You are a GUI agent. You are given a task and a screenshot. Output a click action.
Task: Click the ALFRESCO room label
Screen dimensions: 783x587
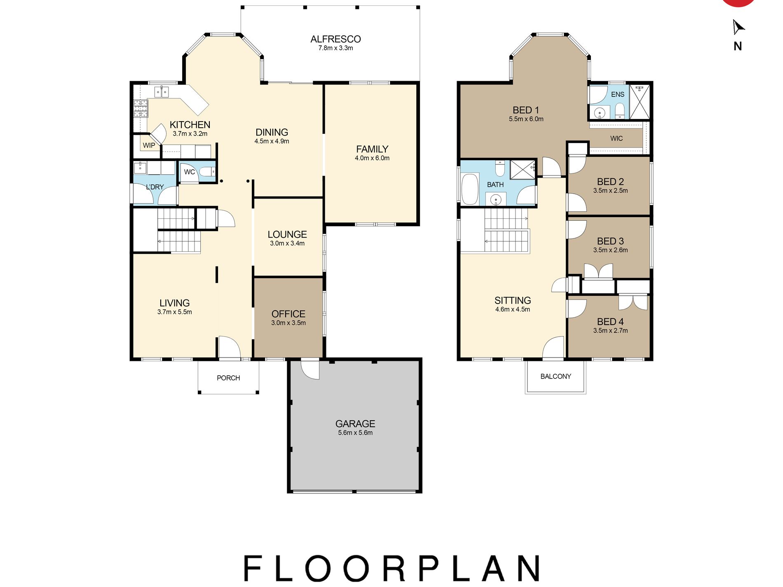(x=335, y=39)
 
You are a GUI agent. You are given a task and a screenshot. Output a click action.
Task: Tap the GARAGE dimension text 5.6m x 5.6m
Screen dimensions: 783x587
(x=355, y=433)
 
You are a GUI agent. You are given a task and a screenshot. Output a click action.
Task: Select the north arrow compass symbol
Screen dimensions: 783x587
(x=738, y=27)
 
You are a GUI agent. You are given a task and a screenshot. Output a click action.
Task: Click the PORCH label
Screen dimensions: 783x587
(x=228, y=378)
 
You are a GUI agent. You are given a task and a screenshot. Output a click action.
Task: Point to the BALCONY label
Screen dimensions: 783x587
(x=556, y=376)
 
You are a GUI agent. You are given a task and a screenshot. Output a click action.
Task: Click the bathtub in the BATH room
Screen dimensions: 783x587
(x=470, y=189)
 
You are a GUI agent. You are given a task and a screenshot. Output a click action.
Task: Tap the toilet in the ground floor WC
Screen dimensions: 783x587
(x=207, y=171)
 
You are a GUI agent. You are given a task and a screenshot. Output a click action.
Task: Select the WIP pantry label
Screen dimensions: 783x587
(x=149, y=145)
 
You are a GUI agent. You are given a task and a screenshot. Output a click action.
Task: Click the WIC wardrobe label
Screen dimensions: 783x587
(x=617, y=138)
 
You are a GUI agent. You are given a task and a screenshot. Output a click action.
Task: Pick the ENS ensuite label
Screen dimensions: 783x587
(x=617, y=94)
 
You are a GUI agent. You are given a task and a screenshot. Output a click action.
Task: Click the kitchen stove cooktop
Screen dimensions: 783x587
(x=141, y=108)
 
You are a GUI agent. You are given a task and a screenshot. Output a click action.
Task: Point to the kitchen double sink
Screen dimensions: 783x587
(x=162, y=91)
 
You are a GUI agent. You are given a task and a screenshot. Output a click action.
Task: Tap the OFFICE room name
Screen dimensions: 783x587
(x=288, y=314)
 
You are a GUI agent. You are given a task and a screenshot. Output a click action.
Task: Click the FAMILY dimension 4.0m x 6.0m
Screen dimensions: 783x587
(x=372, y=158)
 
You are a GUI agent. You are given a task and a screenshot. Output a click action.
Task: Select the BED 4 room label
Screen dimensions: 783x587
(x=610, y=321)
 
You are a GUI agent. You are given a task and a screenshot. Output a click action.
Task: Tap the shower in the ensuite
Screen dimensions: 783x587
(x=640, y=102)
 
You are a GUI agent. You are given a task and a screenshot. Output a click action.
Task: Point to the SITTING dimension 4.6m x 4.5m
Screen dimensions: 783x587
(x=513, y=309)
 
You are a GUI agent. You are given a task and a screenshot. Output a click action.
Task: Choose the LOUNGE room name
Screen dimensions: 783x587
(x=287, y=234)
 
